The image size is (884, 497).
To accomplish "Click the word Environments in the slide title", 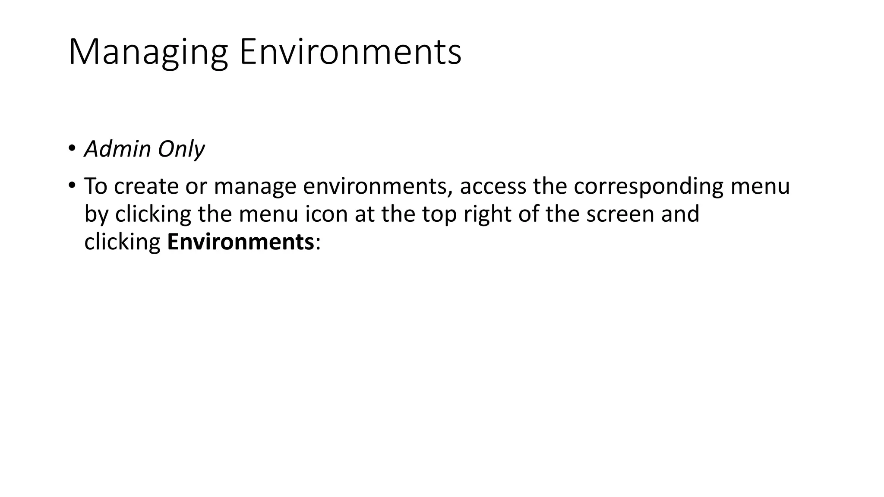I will [350, 53].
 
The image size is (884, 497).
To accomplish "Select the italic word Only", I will [181, 149].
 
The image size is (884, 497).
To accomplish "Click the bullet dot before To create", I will [71, 186].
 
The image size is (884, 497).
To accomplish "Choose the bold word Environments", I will [240, 242].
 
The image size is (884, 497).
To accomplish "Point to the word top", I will [439, 214].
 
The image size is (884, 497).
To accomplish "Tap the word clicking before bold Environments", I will [122, 242].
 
